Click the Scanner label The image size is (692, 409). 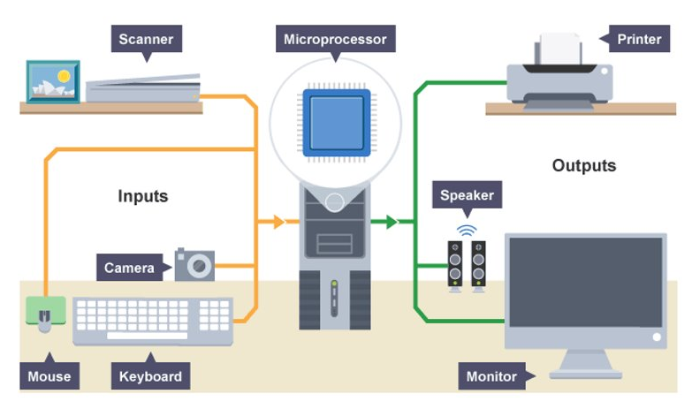click(147, 39)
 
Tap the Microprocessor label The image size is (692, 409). click(335, 39)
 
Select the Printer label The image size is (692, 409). click(639, 39)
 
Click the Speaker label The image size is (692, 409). click(467, 195)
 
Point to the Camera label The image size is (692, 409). click(130, 268)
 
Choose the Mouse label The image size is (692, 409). click(49, 376)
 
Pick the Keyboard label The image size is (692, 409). click(151, 376)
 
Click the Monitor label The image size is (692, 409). click(491, 376)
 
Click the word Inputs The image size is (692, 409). click(143, 195)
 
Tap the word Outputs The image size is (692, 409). click(584, 165)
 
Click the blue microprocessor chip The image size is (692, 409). click(335, 122)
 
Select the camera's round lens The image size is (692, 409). click(200, 264)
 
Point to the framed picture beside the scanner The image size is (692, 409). click(53, 81)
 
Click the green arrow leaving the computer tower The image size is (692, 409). click(388, 222)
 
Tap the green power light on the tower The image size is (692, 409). click(334, 285)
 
